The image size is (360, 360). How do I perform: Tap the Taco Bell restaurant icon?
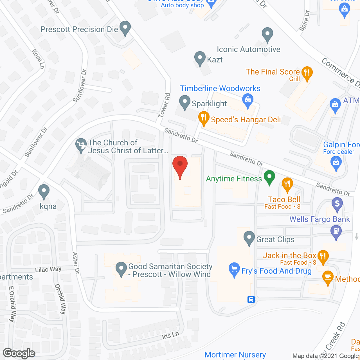click(287, 184)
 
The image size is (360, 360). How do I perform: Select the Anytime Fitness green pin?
click(269, 177)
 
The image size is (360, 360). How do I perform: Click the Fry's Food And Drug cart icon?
click(234, 269)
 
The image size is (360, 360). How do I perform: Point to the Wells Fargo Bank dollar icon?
click(337, 204)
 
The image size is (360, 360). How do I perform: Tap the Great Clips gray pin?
click(249, 238)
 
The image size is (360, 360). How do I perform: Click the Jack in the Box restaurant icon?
click(323, 256)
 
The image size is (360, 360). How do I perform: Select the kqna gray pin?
click(44, 191)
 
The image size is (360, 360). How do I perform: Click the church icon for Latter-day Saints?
click(81, 145)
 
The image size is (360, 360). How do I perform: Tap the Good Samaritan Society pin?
click(121, 269)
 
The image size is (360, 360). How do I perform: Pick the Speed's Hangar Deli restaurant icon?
click(204, 118)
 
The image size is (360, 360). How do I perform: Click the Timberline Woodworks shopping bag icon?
click(247, 100)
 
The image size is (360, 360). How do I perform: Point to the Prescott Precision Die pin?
click(125, 28)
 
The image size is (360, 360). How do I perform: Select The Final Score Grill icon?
click(307, 73)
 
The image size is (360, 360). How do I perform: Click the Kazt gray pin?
click(200, 58)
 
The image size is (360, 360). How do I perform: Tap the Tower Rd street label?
click(165, 105)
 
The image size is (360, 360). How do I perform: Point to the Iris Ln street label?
click(170, 336)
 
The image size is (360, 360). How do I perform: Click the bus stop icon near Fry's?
click(251, 300)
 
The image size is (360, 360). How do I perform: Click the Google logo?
click(19, 353)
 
